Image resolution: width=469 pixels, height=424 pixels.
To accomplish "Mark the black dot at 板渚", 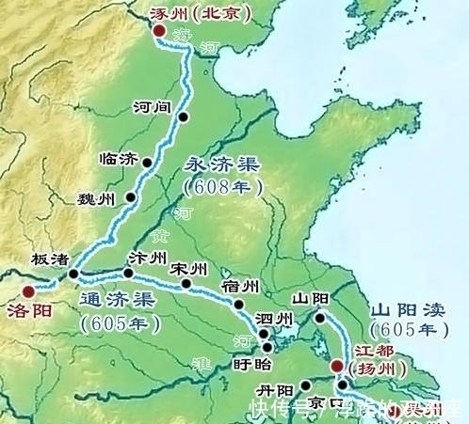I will (73, 275).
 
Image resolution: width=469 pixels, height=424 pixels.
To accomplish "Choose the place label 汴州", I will (147, 257).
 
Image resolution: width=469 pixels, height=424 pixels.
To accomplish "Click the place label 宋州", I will (189, 269).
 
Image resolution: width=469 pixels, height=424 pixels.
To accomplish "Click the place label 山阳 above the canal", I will (309, 298).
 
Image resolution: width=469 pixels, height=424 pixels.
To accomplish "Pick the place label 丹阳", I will (275, 390).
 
